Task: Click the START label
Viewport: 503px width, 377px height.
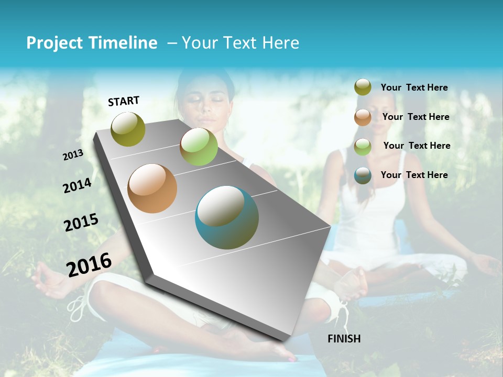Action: click(x=124, y=101)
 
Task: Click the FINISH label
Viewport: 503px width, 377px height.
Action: click(x=344, y=339)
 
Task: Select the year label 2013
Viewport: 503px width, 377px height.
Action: click(x=73, y=155)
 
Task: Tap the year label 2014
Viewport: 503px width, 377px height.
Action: click(x=77, y=186)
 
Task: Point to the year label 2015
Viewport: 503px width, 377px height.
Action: click(x=81, y=223)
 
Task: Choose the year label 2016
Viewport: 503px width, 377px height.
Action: click(x=89, y=264)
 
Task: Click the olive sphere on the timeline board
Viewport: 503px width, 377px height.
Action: click(x=128, y=129)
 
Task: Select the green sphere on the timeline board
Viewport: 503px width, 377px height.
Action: click(x=199, y=147)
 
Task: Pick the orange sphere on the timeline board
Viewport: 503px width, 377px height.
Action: click(x=152, y=188)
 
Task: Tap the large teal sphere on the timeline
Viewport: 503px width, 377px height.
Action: click(x=227, y=217)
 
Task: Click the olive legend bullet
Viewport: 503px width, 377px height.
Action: click(x=363, y=87)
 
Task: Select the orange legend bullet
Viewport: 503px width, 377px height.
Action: click(x=363, y=117)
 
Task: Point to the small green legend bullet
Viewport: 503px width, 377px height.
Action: click(x=363, y=147)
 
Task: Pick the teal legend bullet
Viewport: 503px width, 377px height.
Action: click(x=363, y=175)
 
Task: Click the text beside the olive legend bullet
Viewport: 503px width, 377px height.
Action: click(x=414, y=88)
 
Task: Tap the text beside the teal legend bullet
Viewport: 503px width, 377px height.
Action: click(x=414, y=175)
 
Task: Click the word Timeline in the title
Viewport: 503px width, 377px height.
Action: click(x=123, y=43)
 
